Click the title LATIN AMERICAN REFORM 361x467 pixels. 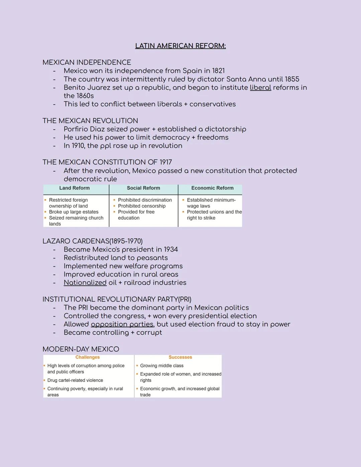pyautogui.click(x=180, y=46)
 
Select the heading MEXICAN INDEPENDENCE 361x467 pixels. pyautogui.click(x=87, y=63)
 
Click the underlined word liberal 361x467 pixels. pyautogui.click(x=260, y=88)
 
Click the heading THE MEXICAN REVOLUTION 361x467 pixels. pyautogui.click(x=90, y=121)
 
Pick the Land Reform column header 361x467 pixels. pyautogui.click(x=75, y=188)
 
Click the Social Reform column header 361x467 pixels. pyautogui.click(x=143, y=188)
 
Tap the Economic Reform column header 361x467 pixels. pyautogui.click(x=212, y=188)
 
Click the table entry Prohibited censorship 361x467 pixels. pyautogui.click(x=142, y=206)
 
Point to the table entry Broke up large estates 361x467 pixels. pyautogui.click(x=74, y=212)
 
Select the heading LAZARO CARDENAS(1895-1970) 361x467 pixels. pyautogui.click(x=93, y=241)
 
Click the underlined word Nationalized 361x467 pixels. pyautogui.click(x=85, y=283)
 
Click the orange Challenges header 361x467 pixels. pyautogui.click(x=88, y=357)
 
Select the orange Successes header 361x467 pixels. pyautogui.click(x=180, y=357)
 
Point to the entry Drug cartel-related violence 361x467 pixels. pyautogui.click(x=75, y=380)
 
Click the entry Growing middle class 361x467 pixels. pyautogui.click(x=162, y=366)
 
